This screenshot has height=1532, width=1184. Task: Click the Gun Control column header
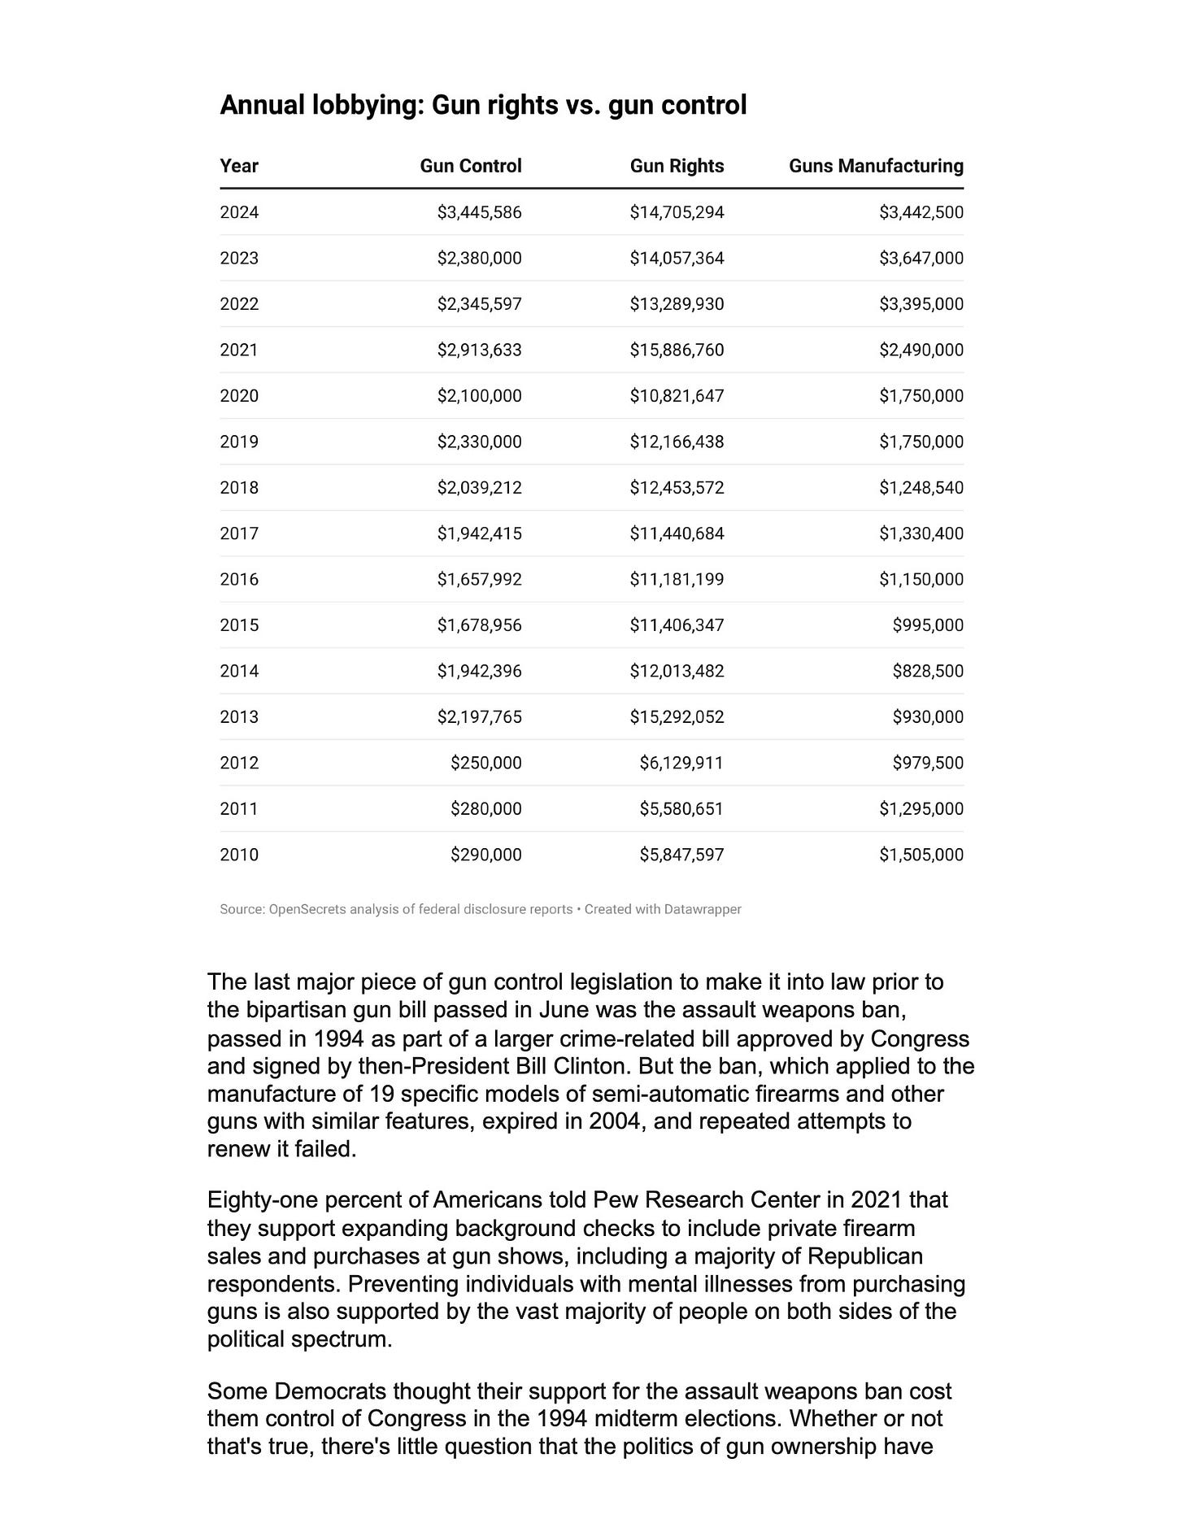coord(470,166)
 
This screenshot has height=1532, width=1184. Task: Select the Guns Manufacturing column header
coord(876,166)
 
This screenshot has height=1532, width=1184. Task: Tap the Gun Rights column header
coord(677,166)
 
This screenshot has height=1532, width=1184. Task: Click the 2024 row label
coord(239,212)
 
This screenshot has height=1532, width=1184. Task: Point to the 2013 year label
coord(239,716)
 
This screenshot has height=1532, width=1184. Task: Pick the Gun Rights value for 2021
coord(677,350)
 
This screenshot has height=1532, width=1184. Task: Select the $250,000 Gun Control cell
coord(485,763)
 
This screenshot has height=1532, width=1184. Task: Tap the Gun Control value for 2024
coord(479,212)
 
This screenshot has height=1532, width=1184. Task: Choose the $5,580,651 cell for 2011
coord(681,808)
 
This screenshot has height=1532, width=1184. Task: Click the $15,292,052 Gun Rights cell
coord(677,716)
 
